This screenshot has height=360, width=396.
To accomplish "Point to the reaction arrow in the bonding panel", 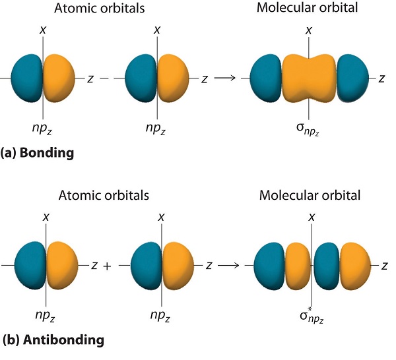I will (226, 78).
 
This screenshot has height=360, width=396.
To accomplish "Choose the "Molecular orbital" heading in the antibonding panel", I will (310, 195).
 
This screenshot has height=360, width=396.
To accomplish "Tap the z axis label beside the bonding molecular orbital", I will (382, 78).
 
